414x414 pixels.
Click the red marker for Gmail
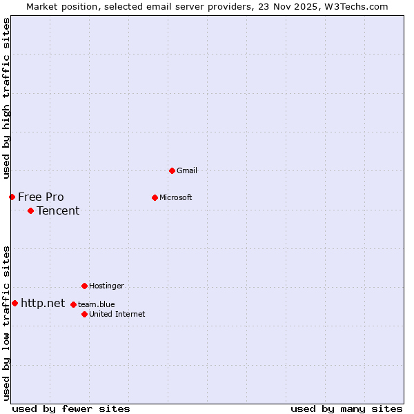(172, 170)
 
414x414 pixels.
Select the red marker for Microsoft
(155, 197)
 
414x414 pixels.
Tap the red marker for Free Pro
(12, 197)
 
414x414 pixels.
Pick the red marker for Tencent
(30, 210)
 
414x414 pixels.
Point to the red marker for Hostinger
(84, 286)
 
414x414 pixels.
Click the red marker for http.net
(14, 303)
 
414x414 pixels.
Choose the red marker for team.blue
(73, 304)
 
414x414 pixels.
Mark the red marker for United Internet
(84, 314)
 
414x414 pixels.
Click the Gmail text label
(187, 170)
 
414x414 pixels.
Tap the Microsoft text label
(176, 197)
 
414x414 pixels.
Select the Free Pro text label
(41, 197)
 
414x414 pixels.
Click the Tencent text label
(58, 210)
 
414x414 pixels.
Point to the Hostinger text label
(106, 286)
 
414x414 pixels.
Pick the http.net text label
(43, 303)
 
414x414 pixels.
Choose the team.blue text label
(97, 304)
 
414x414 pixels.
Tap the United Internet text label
(117, 314)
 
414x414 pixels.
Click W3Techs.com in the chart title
(355, 6)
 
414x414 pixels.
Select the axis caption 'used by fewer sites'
(71, 408)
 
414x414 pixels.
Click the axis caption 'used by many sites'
(346, 408)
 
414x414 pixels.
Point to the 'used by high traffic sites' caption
(6, 99)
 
